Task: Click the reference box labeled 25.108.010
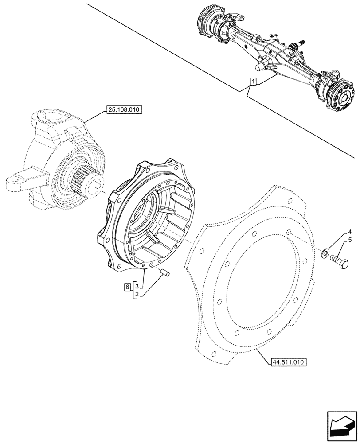point(124,110)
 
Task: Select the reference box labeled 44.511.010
point(288,362)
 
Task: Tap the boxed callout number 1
point(252,82)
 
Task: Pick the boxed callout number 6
point(127,287)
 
